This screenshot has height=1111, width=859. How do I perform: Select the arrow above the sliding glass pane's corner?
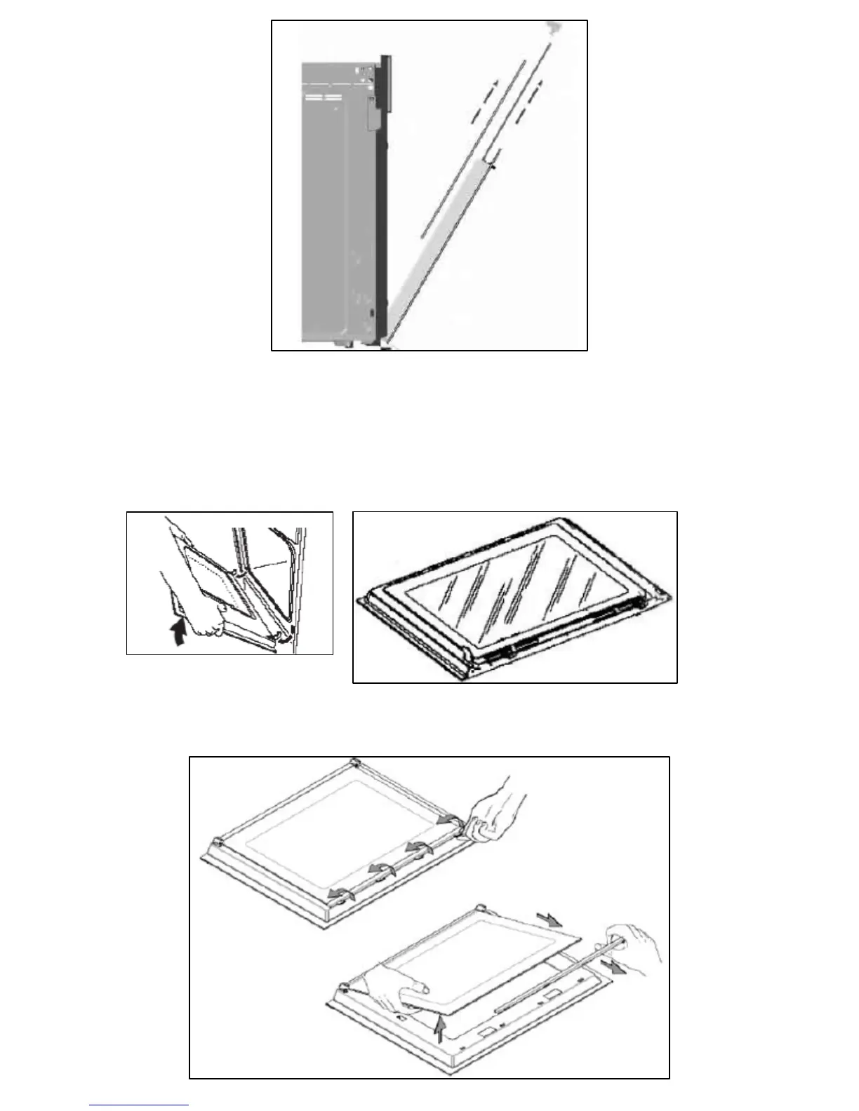point(549,918)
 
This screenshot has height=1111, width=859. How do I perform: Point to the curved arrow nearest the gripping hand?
point(444,819)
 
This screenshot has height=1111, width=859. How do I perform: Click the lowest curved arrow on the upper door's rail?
point(340,894)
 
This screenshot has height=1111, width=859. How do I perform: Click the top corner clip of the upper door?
point(354,762)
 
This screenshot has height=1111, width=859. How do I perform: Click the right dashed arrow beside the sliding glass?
point(527,105)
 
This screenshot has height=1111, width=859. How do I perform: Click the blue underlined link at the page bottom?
point(139,1106)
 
